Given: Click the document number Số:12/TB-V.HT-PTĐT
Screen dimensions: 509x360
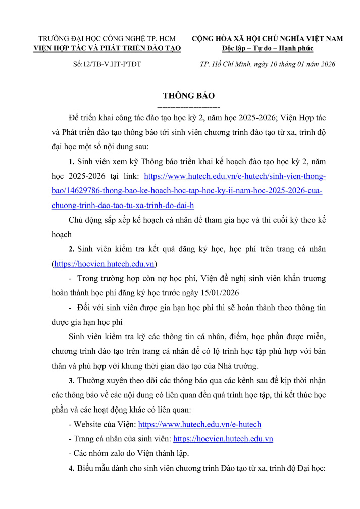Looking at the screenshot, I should click(104, 64).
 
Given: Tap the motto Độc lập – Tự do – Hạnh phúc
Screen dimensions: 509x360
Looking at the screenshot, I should click(268, 48).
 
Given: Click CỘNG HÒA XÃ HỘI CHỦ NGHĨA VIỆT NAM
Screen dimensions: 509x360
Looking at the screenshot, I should click(268, 39).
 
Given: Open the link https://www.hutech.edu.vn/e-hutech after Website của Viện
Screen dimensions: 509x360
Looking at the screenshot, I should click(199, 425).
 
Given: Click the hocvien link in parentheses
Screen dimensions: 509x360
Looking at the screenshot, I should click(105, 264).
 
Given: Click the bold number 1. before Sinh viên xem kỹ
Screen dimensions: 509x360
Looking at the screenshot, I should click(72, 162).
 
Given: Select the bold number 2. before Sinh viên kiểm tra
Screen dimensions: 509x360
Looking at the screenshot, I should click(72, 249).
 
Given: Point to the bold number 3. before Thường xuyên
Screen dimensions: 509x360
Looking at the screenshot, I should click(72, 381).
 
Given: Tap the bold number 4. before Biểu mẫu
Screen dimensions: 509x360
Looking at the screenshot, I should click(72, 468).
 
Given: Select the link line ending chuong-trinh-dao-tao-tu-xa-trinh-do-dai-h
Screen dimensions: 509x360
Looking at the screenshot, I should click(123, 206).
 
